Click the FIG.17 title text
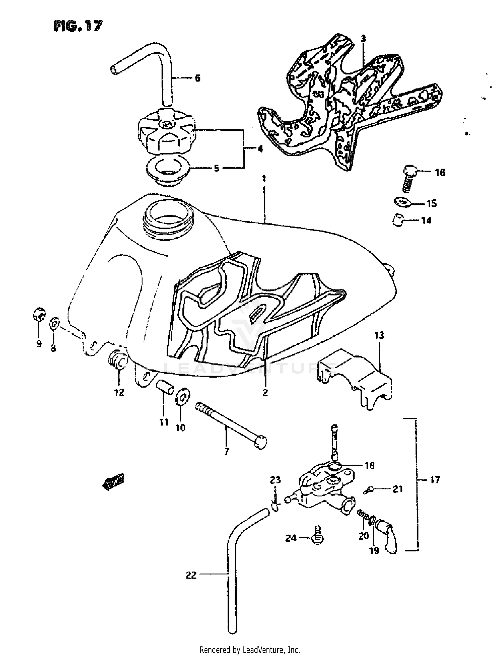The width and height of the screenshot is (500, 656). [78, 26]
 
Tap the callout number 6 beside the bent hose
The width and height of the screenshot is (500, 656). [197, 78]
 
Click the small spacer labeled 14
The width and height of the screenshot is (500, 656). [398, 220]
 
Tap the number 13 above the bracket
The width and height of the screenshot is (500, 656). [379, 335]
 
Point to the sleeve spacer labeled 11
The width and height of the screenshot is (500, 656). [165, 388]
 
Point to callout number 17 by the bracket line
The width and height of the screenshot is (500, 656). [435, 480]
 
